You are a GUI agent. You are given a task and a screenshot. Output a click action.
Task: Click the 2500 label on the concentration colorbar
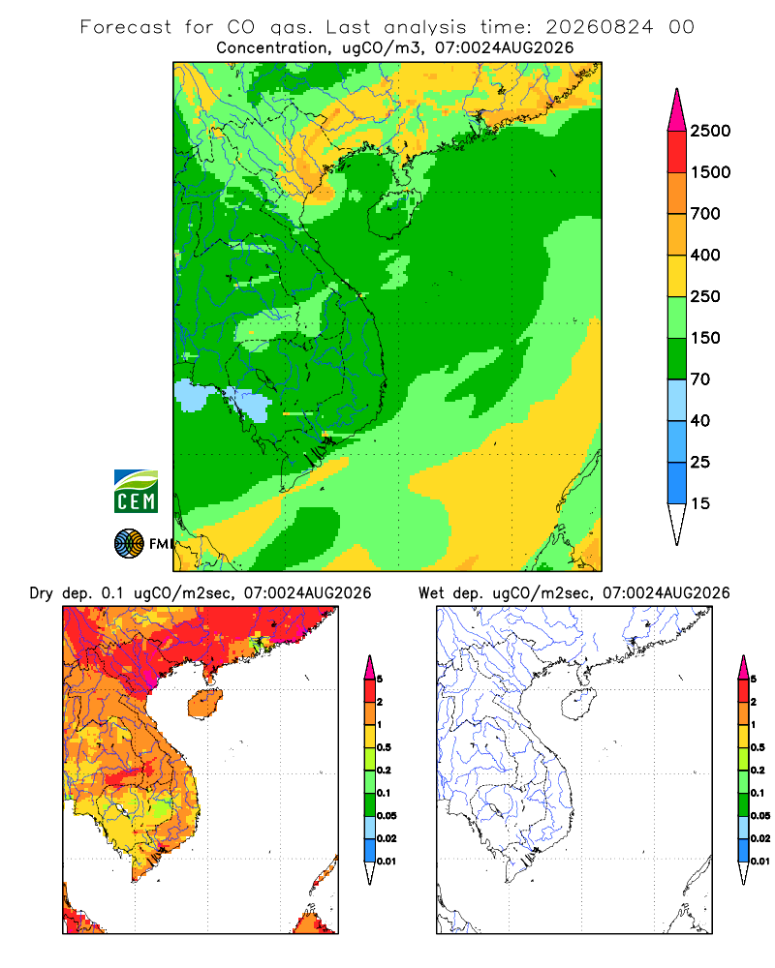(710, 131)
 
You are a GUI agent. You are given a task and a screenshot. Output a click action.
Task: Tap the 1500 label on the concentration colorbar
(710, 172)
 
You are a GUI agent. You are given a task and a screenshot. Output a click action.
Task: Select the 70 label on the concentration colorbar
(700, 379)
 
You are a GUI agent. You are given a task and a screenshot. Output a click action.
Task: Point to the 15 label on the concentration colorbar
(700, 503)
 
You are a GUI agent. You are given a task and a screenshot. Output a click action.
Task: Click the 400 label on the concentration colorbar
(705, 255)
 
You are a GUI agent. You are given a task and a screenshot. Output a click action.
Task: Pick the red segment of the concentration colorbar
(677, 152)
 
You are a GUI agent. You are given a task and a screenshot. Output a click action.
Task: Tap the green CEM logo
(136, 492)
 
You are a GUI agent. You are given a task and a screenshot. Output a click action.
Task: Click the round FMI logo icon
(129, 544)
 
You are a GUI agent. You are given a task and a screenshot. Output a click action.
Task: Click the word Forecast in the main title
(126, 27)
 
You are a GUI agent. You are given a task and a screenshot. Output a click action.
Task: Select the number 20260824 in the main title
(599, 27)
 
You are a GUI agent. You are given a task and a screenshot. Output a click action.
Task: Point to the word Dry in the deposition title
(41, 593)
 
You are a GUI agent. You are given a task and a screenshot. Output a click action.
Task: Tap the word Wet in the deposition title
(430, 593)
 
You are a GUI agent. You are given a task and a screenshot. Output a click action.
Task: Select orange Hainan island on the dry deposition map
(204, 704)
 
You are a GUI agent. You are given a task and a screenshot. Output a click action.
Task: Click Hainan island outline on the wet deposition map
(578, 705)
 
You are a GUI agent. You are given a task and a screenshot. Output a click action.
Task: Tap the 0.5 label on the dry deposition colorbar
(384, 747)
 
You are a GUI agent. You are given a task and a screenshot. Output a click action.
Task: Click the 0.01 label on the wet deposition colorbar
(760, 862)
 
